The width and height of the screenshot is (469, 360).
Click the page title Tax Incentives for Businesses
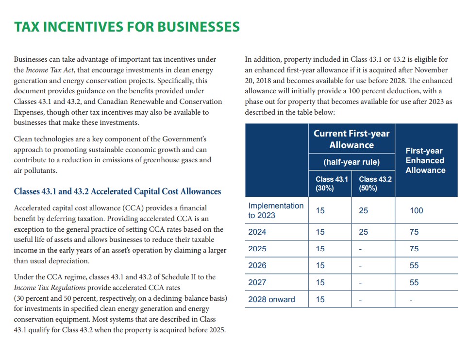(127, 26)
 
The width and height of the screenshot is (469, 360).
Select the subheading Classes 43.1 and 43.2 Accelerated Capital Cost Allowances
(117, 191)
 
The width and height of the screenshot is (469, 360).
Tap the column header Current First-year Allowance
(352, 139)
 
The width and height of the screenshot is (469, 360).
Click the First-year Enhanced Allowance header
(425, 160)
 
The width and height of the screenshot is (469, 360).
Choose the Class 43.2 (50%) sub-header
(373, 184)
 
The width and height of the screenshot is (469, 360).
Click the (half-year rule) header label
(352, 162)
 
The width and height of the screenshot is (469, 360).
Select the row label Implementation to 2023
(275, 210)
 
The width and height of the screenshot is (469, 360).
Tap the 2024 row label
(257, 232)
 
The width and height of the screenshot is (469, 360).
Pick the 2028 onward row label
(271, 299)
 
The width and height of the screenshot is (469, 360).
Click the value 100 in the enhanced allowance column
(416, 210)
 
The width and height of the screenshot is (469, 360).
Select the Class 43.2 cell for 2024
(364, 232)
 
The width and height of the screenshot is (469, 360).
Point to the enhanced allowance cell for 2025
(414, 249)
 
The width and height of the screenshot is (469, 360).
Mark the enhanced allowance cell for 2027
(414, 282)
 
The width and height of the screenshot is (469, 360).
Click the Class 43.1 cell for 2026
(320, 265)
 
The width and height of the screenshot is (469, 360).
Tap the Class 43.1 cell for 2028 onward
(320, 299)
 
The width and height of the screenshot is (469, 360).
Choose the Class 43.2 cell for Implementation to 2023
(364, 210)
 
